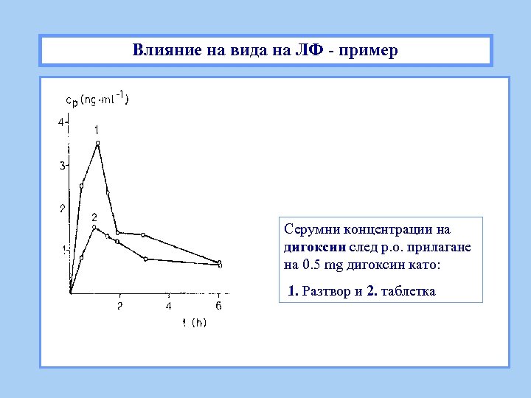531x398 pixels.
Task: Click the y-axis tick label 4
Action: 62,122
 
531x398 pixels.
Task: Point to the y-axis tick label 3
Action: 62,165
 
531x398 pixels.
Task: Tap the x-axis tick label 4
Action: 169,305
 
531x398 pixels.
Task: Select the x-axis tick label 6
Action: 218,305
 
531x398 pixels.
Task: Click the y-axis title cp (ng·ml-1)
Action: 97,99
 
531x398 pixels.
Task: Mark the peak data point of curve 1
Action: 97,143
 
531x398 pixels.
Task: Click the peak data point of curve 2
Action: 94,228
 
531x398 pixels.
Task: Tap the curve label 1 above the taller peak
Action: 96,130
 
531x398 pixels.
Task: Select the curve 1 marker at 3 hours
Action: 143,235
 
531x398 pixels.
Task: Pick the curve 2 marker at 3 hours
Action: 146,259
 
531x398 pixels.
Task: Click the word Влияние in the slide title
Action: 162,51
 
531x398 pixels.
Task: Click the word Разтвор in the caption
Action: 325,291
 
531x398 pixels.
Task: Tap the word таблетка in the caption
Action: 409,291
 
